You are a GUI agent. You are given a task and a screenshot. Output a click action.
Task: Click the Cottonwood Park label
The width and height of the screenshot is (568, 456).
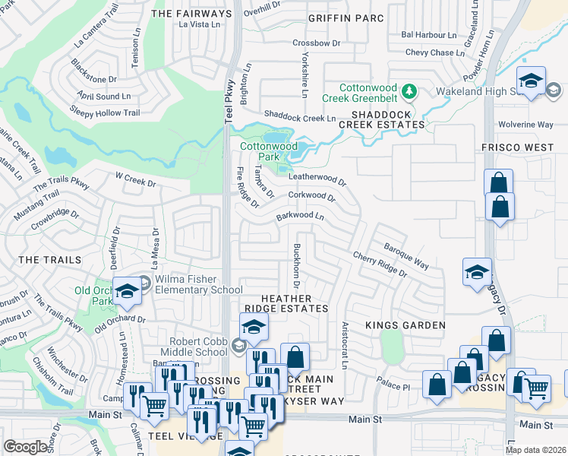coord(268,151)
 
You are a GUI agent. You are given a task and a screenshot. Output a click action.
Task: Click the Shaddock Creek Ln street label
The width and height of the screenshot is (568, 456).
coord(299,118)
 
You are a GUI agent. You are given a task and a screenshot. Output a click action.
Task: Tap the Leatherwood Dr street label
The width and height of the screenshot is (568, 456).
coord(317,179)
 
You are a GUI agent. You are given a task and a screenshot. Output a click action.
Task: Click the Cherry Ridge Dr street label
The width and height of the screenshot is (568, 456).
coord(379,264)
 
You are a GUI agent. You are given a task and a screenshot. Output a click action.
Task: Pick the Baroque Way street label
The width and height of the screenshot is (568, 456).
coord(405,256)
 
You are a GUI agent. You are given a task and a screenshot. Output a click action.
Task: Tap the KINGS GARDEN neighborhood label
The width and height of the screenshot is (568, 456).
coord(405,325)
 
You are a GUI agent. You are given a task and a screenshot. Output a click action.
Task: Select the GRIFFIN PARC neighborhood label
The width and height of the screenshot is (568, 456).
coord(346,17)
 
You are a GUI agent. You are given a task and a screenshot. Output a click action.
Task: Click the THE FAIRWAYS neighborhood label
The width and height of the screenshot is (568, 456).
coord(191,14)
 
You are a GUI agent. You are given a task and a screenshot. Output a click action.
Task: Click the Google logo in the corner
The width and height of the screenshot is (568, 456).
coord(25,447)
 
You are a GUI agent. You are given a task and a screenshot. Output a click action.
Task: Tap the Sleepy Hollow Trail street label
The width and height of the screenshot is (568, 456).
coord(106,112)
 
